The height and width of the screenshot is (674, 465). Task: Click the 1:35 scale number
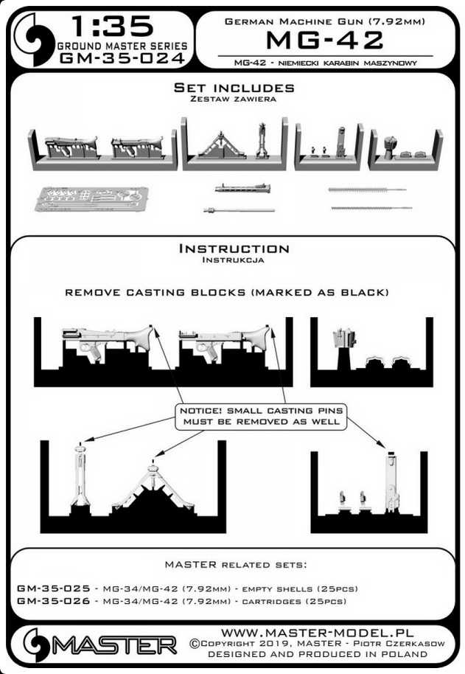pos(113,27)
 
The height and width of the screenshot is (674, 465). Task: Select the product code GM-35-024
pos(122,58)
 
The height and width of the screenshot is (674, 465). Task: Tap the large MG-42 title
pos(324,41)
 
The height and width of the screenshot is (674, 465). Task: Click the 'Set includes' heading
pos(234,88)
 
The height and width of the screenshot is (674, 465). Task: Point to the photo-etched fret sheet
pos(92,198)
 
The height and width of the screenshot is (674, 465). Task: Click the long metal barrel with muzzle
pos(240,210)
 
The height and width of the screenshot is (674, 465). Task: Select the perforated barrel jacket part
pos(243,188)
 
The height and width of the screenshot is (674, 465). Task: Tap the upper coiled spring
pos(367,189)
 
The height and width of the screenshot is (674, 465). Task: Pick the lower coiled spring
pos(371,208)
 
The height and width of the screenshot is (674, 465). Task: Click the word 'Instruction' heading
pos(234,249)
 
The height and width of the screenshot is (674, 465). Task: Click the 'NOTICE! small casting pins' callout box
pos(262,416)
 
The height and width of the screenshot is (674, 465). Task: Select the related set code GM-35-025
pos(54,588)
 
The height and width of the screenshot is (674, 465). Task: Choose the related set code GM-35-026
pos(54,601)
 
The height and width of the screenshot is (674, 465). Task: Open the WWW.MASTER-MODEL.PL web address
pos(318,633)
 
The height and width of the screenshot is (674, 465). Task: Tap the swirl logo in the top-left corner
pos(32,40)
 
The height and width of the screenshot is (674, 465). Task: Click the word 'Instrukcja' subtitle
pos(233,260)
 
